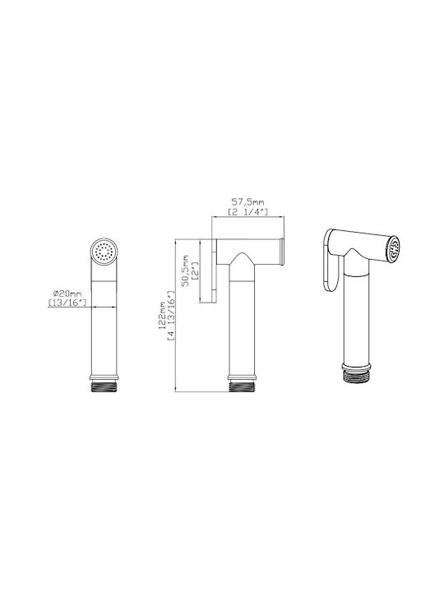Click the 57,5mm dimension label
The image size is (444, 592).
click(247, 202)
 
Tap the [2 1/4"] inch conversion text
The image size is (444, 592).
click(247, 212)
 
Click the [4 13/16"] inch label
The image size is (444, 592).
click(171, 316)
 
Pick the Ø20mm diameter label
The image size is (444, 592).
click(67, 293)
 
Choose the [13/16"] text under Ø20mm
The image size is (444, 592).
click(67, 302)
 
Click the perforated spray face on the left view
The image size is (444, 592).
click(104, 251)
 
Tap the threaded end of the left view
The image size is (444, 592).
click(104, 387)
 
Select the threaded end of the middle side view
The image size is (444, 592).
click(242, 387)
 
